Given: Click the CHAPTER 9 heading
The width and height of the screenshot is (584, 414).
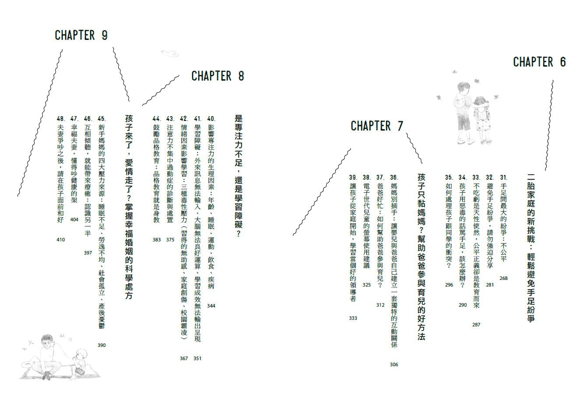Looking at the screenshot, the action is coord(81,35).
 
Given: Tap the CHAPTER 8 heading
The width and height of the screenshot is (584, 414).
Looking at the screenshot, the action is coord(218,76).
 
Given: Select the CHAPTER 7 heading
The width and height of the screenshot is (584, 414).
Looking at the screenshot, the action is coord(377,126).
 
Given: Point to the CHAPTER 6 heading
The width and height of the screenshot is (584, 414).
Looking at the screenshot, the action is coord(540,62).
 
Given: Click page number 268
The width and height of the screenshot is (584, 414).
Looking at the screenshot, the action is coord(503,278).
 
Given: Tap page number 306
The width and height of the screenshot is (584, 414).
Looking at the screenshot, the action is coord(394,364).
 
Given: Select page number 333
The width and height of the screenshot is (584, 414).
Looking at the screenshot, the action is coord(353,318).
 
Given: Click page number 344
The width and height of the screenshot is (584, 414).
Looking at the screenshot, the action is coord(211,306).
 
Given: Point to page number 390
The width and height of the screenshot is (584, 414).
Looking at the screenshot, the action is coord(102,345).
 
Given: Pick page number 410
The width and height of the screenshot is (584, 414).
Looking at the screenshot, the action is coord(60,240).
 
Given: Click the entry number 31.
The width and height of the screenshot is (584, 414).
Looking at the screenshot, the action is coord(503,177).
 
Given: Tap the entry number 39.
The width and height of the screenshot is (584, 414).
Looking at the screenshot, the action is coord(353,177).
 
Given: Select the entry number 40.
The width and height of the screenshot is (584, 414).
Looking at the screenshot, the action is coord(211,119).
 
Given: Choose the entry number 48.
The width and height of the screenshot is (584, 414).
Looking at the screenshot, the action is coord(61,119).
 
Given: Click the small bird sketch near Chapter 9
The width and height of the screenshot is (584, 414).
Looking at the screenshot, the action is coord(170,53).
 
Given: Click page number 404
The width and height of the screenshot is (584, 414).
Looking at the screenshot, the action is coord(74,219).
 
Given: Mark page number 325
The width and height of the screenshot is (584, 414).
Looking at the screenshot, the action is coord(366,285).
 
